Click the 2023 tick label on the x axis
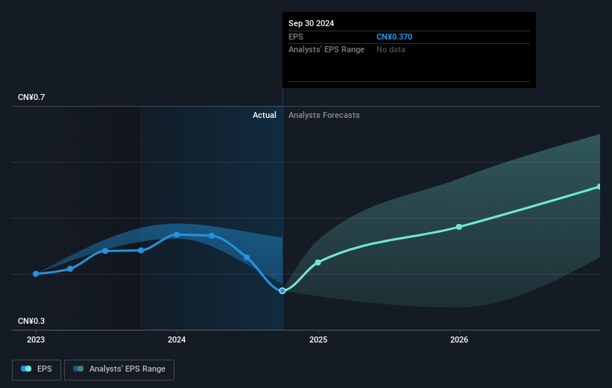click(x=36, y=339)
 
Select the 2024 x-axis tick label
click(x=177, y=339)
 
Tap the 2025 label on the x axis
click(x=318, y=339)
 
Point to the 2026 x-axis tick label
click(x=459, y=339)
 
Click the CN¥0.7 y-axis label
click(x=31, y=97)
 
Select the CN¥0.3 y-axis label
click(x=31, y=321)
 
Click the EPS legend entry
click(x=37, y=369)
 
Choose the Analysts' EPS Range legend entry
click(x=119, y=369)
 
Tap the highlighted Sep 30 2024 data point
click(x=283, y=291)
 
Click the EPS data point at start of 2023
click(x=36, y=274)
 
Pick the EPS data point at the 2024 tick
click(x=177, y=234)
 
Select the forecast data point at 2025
click(x=318, y=262)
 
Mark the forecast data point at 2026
click(x=459, y=227)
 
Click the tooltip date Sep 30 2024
click(x=311, y=23)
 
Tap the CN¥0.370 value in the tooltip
click(x=394, y=37)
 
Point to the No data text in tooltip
click(x=391, y=50)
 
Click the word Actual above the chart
click(x=264, y=115)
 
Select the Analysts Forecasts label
click(x=324, y=115)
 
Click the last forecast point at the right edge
click(x=599, y=187)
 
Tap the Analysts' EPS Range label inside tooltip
click(x=326, y=50)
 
